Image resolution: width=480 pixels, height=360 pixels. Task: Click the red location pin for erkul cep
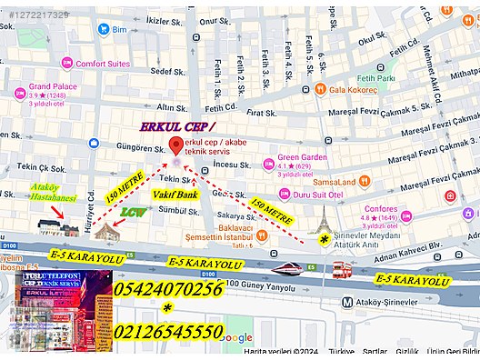click(175, 146)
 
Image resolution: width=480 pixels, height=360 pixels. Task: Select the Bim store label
click(120, 29)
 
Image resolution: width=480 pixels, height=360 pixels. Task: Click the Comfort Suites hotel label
click(102, 64)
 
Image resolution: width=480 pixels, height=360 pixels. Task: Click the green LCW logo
click(134, 213)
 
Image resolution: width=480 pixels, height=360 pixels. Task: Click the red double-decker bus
click(341, 269)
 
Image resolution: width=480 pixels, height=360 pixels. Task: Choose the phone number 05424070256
click(169, 289)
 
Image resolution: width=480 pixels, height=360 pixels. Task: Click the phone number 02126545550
click(169, 331)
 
